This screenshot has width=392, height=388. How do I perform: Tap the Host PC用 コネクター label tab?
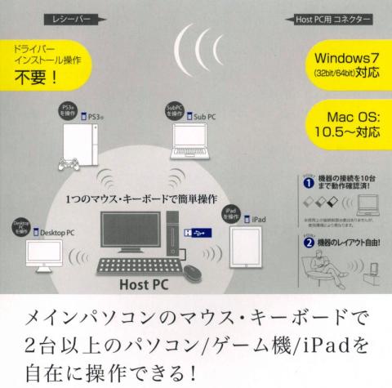336,16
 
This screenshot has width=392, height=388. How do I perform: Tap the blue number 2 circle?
307,266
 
